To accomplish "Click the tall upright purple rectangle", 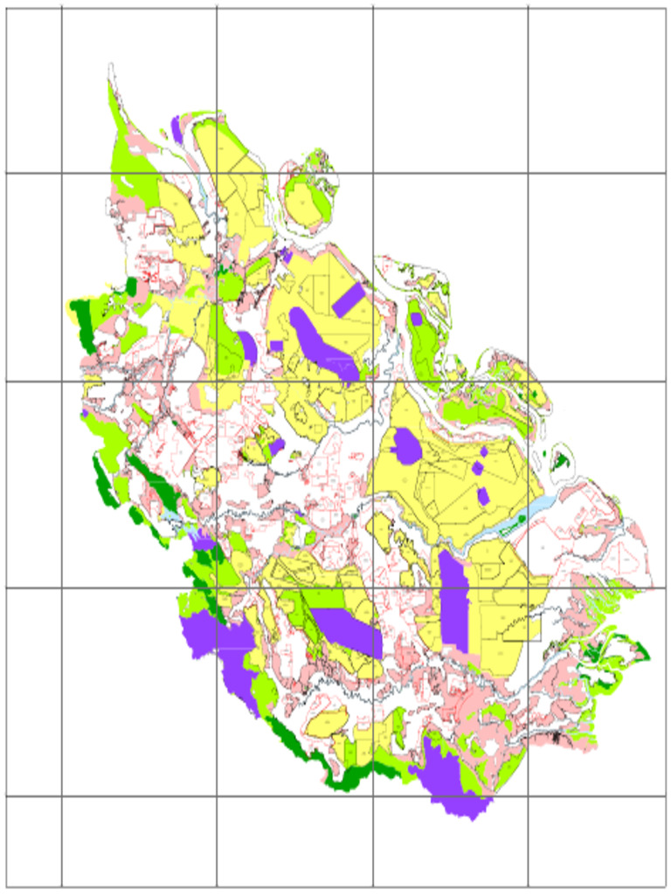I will [453, 602].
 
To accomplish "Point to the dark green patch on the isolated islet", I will [560, 459].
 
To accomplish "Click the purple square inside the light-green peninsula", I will [417, 319].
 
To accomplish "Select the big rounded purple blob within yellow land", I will [406, 446].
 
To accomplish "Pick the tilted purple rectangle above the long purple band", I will [348, 299].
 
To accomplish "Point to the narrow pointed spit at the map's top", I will [112, 83].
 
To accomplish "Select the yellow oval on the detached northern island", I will [302, 199].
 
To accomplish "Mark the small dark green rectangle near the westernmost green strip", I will [131, 286].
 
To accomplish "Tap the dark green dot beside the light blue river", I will [522, 519].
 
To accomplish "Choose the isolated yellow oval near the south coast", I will [327, 722].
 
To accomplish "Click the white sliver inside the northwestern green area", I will [129, 182].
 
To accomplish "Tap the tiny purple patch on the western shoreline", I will [85, 413].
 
